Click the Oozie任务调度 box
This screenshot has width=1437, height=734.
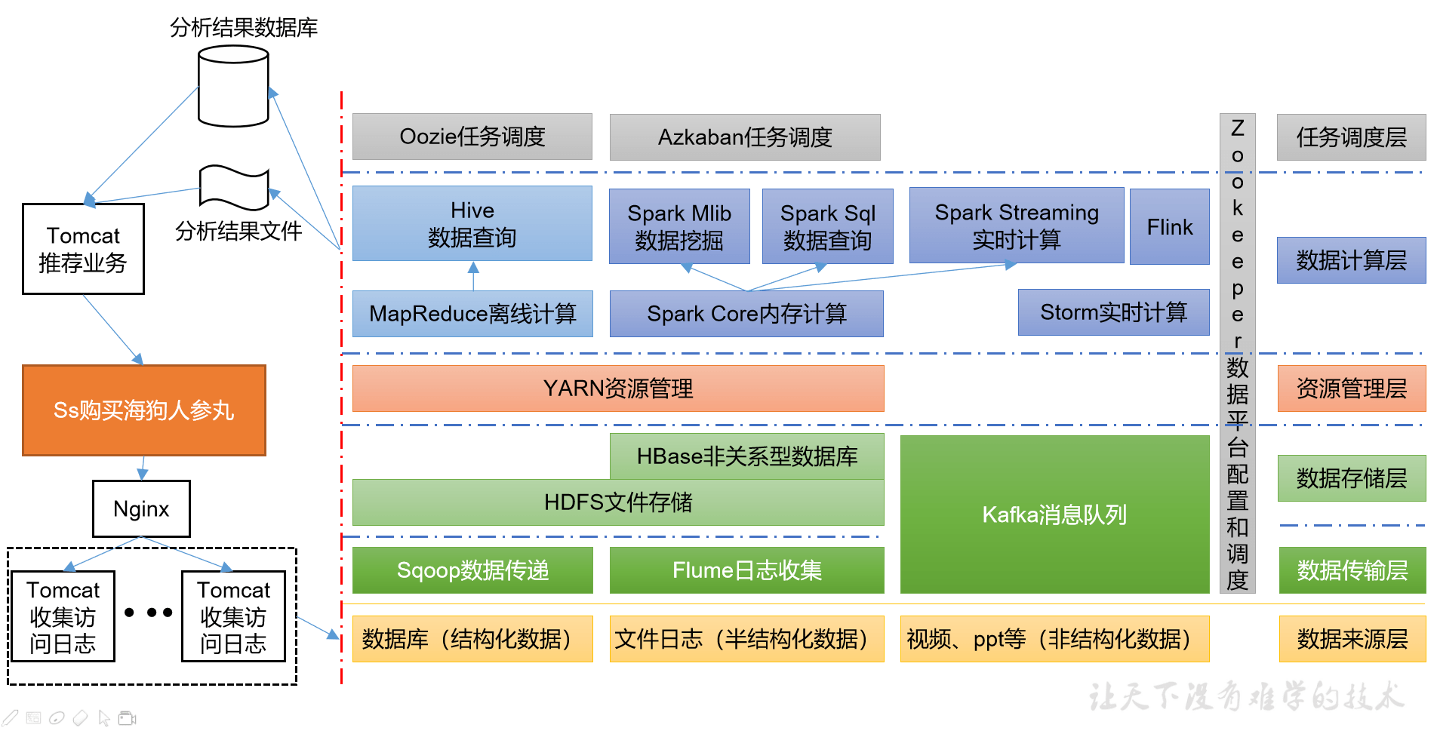pos(472,137)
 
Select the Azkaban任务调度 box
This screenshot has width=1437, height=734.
pos(744,137)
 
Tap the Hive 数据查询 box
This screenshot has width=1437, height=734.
pos(472,223)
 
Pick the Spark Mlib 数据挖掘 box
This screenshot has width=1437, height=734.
pos(678,226)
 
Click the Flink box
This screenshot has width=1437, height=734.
pos(1169,226)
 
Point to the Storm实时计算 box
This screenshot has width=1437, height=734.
pos(1113,312)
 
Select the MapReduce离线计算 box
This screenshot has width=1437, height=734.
pos(472,314)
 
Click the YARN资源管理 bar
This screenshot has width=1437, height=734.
pos(617,388)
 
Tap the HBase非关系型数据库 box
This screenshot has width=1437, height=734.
pos(746,456)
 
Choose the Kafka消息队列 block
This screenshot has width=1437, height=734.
pos(1054,514)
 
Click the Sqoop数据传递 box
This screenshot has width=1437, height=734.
pos(472,570)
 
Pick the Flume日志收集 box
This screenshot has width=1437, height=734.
pos(746,570)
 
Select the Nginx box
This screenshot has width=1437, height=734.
pos(141,509)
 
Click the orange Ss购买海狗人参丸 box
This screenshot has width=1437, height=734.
pos(144,410)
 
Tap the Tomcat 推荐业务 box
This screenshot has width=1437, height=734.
pos(83,249)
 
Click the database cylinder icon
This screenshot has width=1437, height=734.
pos(233,86)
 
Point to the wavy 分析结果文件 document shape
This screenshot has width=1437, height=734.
pos(234,187)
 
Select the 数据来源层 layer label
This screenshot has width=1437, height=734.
pos(1352,639)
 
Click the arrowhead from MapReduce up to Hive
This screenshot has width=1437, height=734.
pos(473,267)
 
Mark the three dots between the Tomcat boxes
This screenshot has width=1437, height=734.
pos(149,613)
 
